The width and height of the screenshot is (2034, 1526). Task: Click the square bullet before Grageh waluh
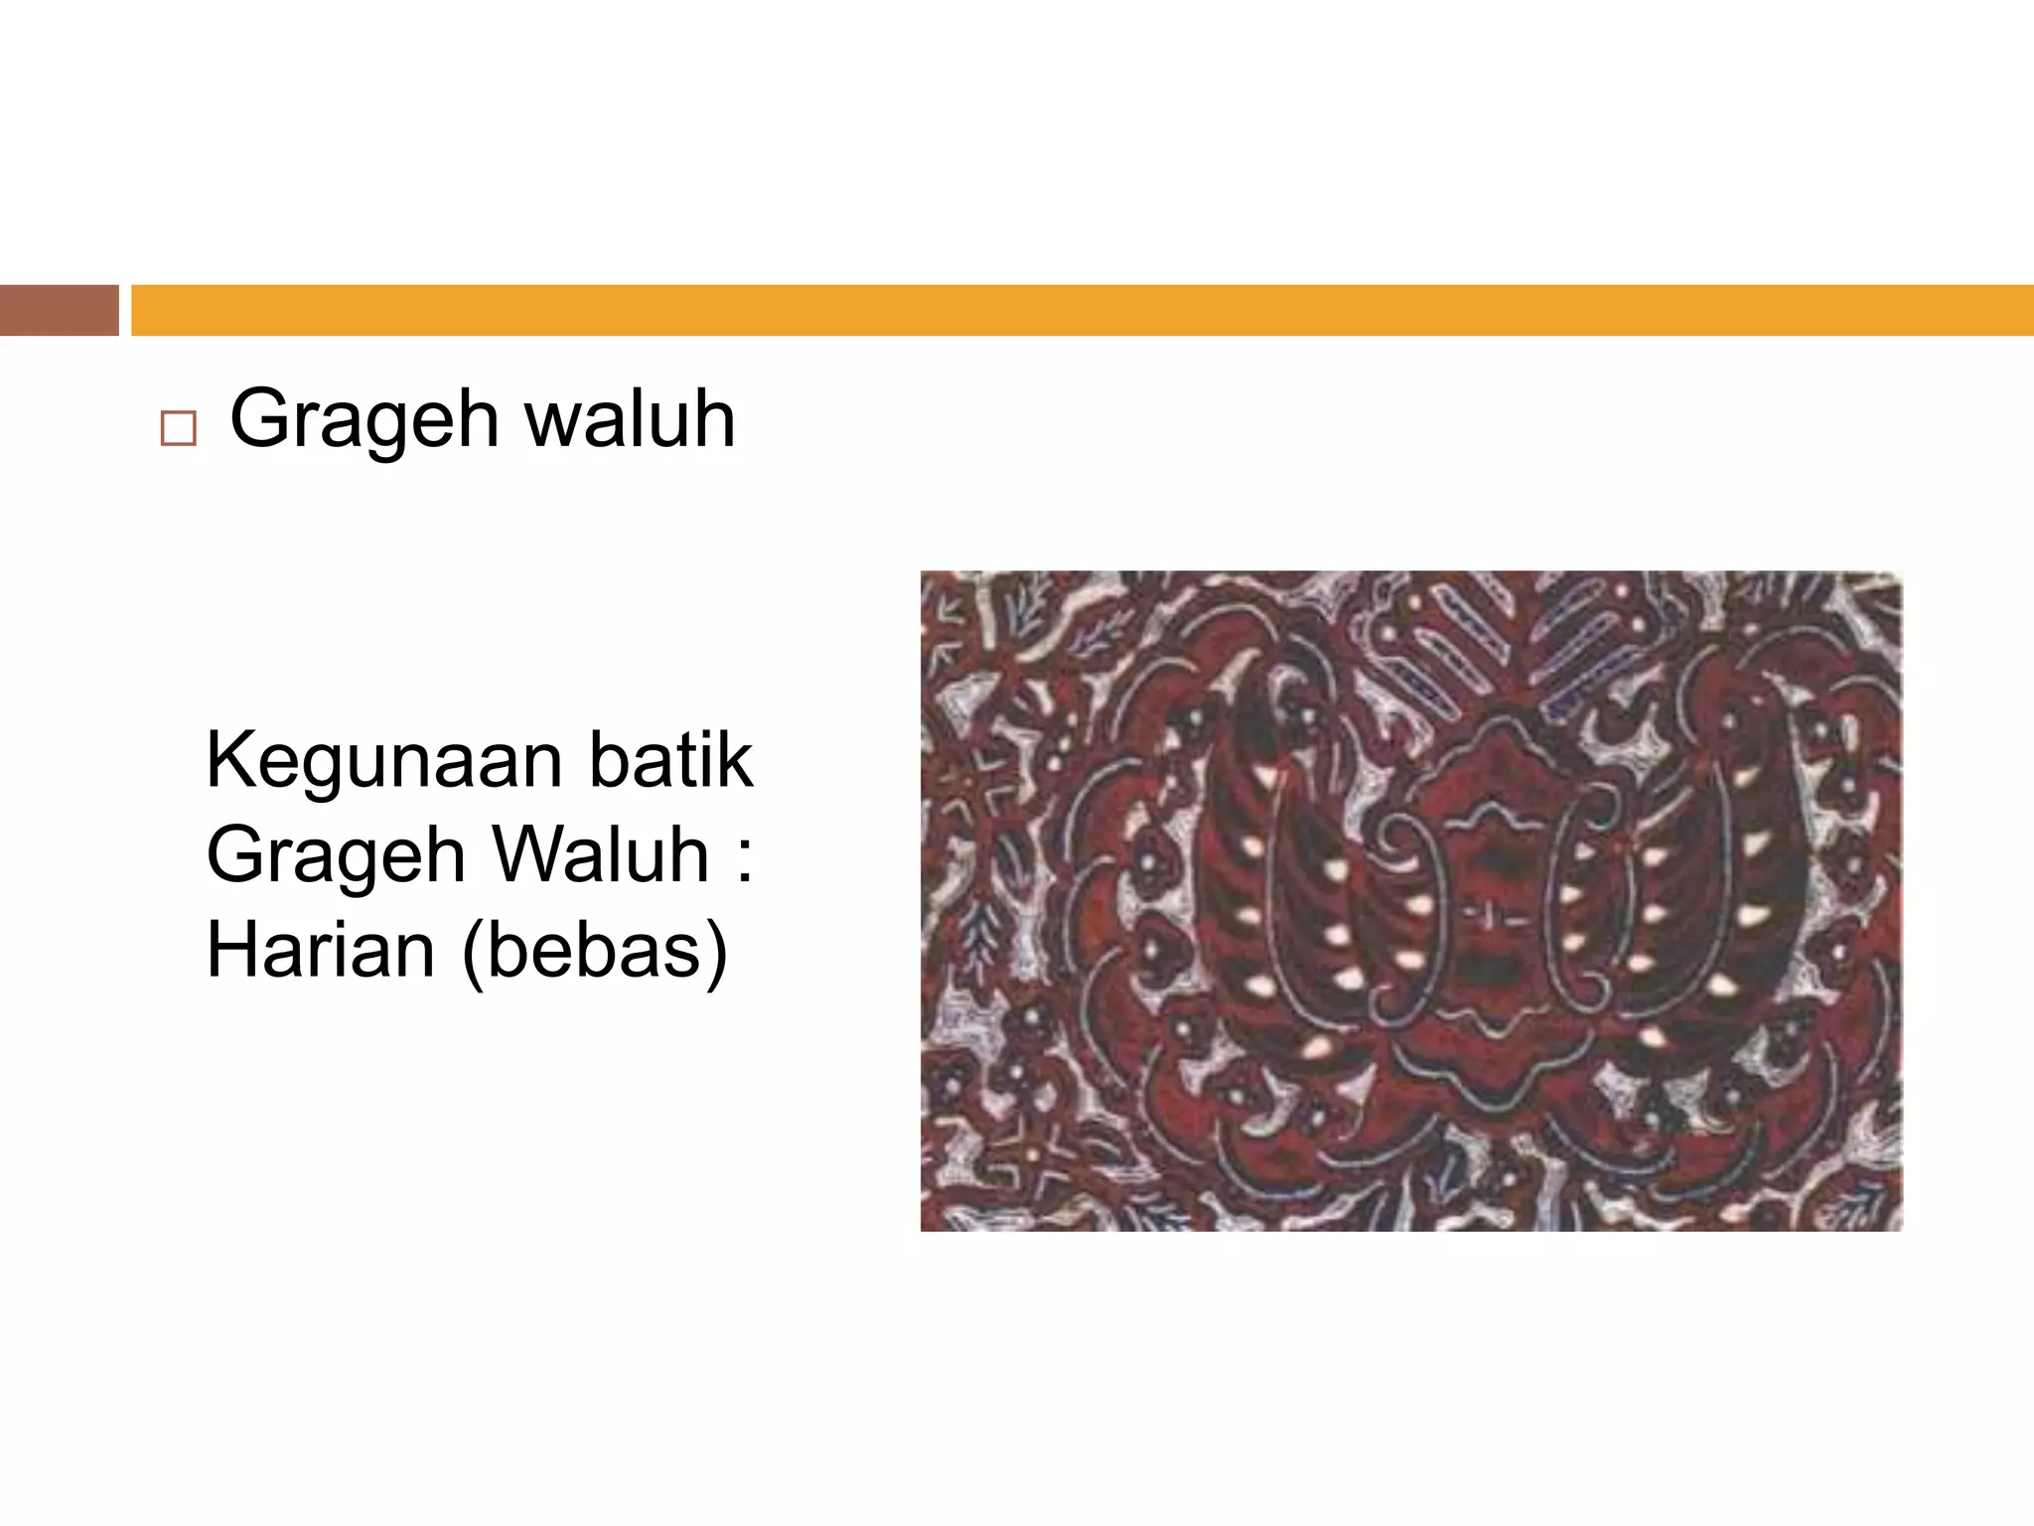click(178, 429)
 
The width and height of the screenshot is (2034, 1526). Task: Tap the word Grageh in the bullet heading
click(363, 421)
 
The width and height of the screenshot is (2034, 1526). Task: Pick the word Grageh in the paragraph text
click(335, 856)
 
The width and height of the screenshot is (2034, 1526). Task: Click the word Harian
click(321, 949)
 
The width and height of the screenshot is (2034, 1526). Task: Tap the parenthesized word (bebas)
click(594, 951)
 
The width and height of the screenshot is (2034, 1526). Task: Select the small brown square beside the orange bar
click(59, 310)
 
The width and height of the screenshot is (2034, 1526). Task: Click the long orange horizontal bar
click(1082, 310)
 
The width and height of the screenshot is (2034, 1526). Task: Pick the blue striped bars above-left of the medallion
click(1430, 636)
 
